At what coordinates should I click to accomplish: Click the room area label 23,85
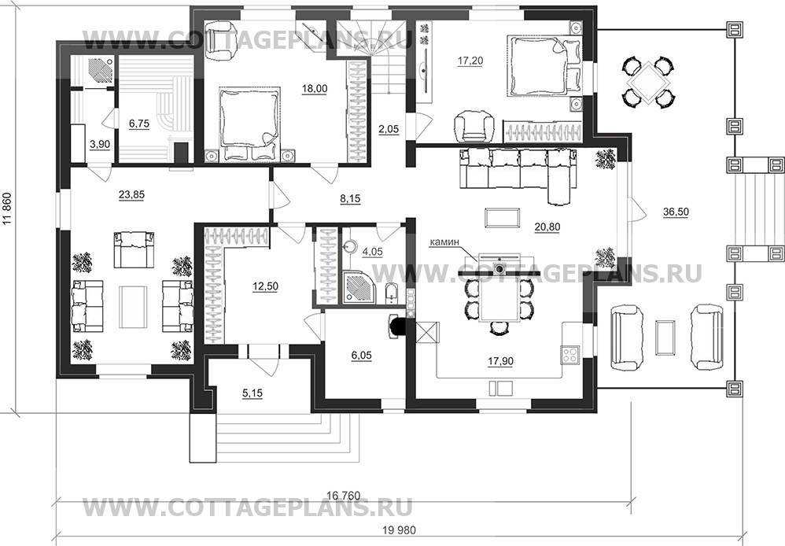pyautogui.click(x=131, y=194)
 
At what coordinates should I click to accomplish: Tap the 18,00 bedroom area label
pyautogui.click(x=315, y=89)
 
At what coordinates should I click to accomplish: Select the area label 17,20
pyautogui.click(x=470, y=61)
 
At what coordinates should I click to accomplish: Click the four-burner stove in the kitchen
pyautogui.click(x=569, y=354)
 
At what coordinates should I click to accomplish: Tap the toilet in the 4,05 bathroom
pyautogui.click(x=391, y=293)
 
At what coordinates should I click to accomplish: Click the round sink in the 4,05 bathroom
pyautogui.click(x=350, y=246)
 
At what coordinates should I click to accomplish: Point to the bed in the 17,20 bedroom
pyautogui.click(x=544, y=66)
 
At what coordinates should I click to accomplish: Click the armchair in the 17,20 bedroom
pyautogui.click(x=473, y=126)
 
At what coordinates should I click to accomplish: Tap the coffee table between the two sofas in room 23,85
pyautogui.click(x=133, y=307)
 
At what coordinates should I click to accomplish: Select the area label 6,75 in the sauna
pyautogui.click(x=138, y=124)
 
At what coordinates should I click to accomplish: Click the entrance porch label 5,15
pyautogui.click(x=252, y=393)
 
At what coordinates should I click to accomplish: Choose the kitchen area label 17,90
pyautogui.click(x=500, y=361)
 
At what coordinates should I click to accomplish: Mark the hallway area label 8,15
pyautogui.click(x=350, y=199)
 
